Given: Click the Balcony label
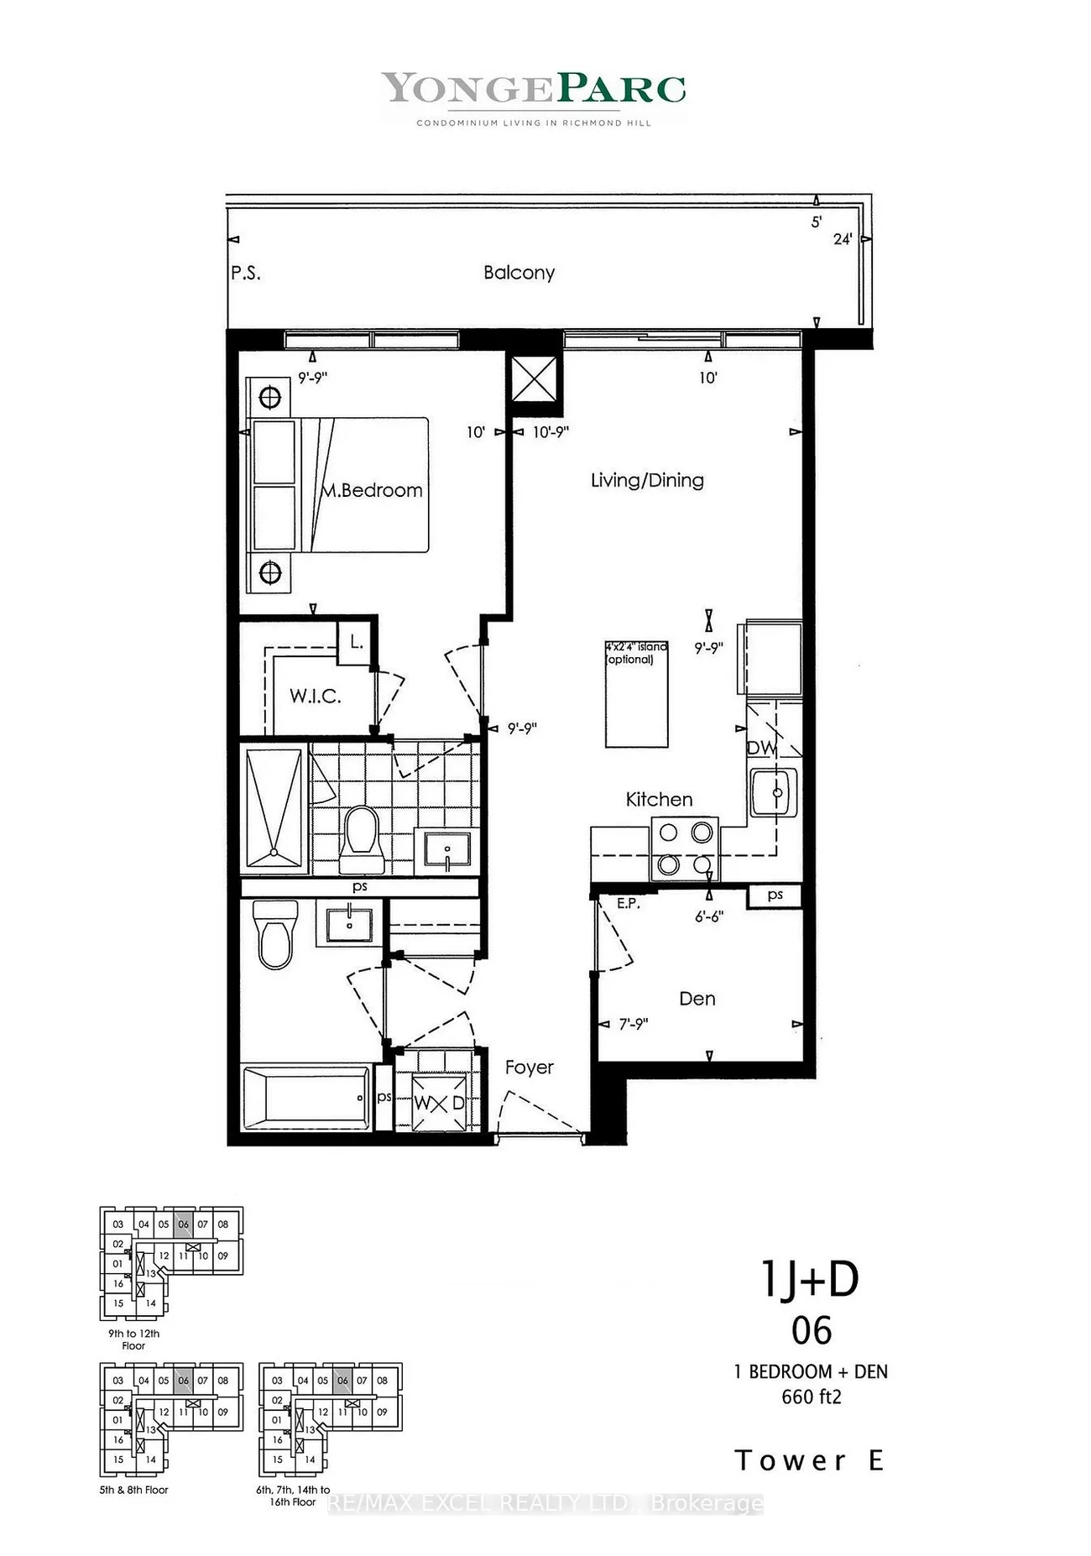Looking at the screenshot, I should pyautogui.click(x=519, y=273).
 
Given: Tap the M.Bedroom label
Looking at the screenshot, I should pyautogui.click(x=373, y=490).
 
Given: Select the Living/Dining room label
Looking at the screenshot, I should pyautogui.click(x=647, y=480).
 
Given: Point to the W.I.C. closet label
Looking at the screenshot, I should pyautogui.click(x=315, y=696).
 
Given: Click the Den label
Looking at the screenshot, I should pyautogui.click(x=697, y=999).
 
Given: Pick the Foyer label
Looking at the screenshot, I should pyautogui.click(x=530, y=1068).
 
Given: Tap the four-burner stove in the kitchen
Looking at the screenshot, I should pyautogui.click(x=685, y=848).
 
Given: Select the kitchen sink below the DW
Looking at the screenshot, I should pyautogui.click(x=773, y=792).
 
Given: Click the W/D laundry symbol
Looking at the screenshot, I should pyautogui.click(x=439, y=1103).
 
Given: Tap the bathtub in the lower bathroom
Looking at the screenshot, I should pyautogui.click(x=306, y=1098).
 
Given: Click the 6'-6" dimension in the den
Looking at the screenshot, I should pyautogui.click(x=709, y=916).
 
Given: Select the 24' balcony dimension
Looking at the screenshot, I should pyautogui.click(x=843, y=239).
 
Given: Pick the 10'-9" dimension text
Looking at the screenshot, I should pyautogui.click(x=551, y=432).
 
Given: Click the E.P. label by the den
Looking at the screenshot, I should pyautogui.click(x=629, y=904).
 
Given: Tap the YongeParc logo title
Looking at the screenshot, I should pyautogui.click(x=534, y=89).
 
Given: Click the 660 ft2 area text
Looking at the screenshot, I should pyautogui.click(x=811, y=1397).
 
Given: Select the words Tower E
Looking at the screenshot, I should pyautogui.click(x=810, y=1461).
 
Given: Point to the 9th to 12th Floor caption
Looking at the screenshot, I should pyautogui.click(x=133, y=1339).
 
